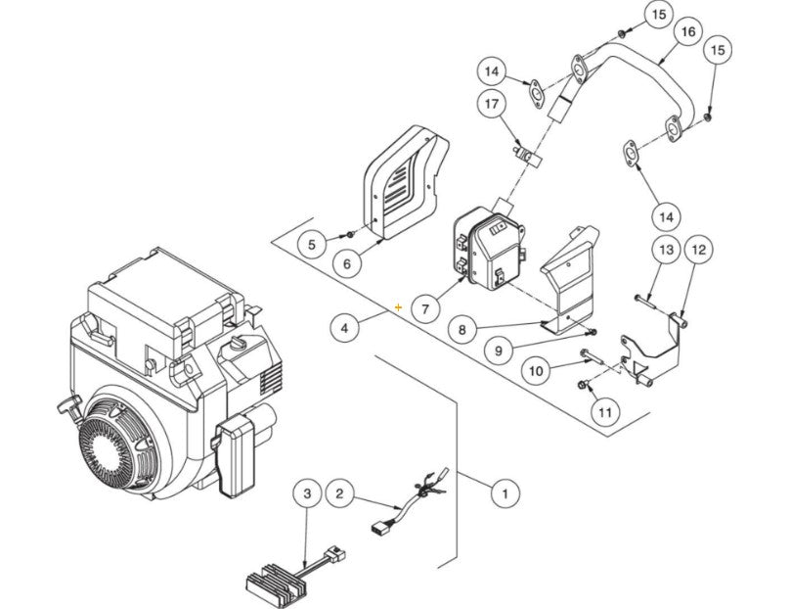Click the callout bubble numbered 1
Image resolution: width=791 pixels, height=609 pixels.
pyautogui.click(x=505, y=492)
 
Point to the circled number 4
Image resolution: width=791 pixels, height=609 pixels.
pyautogui.click(x=344, y=329)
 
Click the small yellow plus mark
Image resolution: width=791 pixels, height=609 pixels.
pyautogui.click(x=398, y=307)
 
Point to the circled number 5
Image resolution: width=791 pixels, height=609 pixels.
pyautogui.click(x=311, y=244)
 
